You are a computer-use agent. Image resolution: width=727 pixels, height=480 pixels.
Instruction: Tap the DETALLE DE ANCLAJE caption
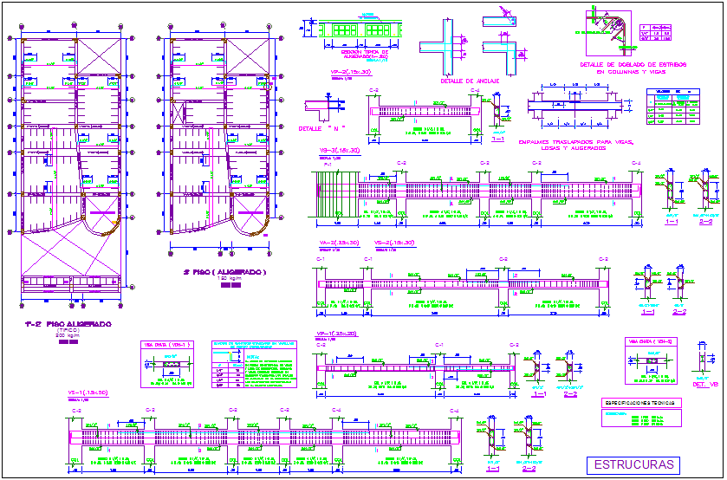[x=470, y=81]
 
